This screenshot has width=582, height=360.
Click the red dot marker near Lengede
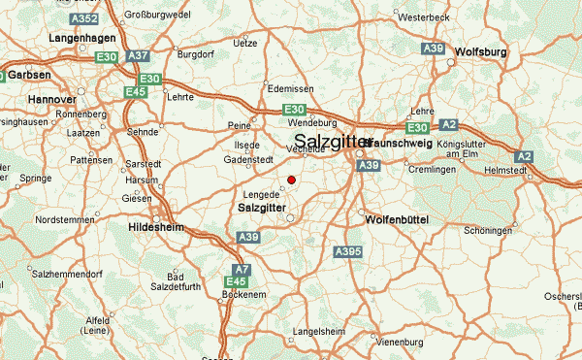click(291, 180)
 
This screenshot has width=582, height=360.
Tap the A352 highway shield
click(84, 18)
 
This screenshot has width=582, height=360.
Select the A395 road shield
click(348, 251)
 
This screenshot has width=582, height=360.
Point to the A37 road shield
click(139, 55)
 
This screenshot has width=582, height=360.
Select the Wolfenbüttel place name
click(397, 220)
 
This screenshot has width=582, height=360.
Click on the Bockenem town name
click(242, 293)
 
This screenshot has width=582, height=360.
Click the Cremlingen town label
click(433, 170)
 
